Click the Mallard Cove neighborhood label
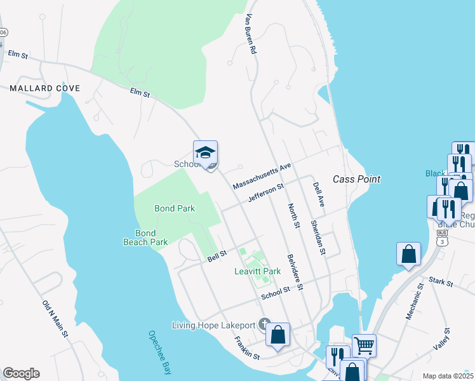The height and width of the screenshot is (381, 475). (x=45, y=88)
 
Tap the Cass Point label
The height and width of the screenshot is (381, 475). (x=357, y=179)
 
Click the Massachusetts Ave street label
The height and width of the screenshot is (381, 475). (x=261, y=175)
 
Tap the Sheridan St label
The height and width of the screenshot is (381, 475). (x=318, y=238)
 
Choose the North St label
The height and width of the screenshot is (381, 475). (x=293, y=216)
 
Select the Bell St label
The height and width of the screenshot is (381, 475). (x=217, y=258)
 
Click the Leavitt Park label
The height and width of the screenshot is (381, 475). (x=258, y=271)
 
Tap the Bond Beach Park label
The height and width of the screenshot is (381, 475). (x=146, y=237)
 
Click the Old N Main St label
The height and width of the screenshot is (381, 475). (x=55, y=319)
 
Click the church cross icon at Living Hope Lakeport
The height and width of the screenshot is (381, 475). (x=264, y=324)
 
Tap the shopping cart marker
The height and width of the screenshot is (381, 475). (x=364, y=346)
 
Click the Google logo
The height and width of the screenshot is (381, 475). (x=21, y=373)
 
